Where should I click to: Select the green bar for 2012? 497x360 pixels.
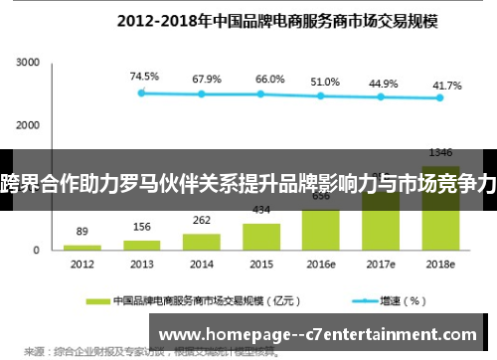[83, 247]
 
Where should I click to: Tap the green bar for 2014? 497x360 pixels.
[202, 241]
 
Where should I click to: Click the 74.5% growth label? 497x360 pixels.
[143, 76]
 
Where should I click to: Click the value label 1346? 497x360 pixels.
[440, 152]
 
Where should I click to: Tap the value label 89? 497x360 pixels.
[83, 232]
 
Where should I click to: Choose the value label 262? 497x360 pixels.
[202, 221]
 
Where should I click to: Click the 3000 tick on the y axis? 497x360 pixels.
[27, 63]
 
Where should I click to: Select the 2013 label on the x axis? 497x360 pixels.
[142, 265]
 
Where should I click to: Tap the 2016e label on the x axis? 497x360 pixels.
[321, 265]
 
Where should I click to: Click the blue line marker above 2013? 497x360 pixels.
[142, 92]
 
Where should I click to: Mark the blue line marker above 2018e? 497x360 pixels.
[440, 97]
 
